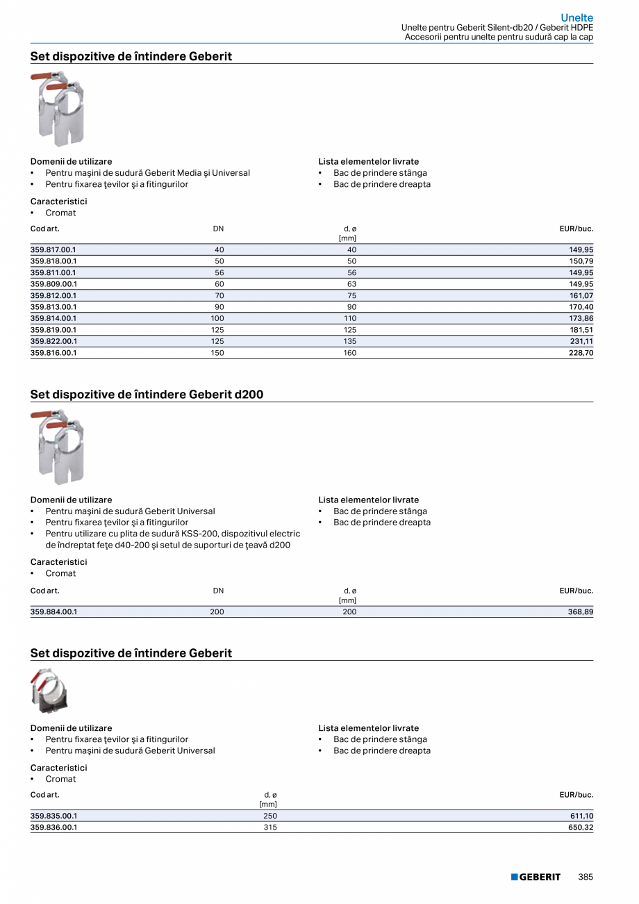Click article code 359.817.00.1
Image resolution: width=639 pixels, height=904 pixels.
coord(53,249)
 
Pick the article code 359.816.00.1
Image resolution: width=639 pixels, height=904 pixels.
coord(53,353)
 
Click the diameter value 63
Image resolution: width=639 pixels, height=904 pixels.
coord(351,284)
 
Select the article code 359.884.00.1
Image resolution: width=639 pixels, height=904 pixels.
coord(53,612)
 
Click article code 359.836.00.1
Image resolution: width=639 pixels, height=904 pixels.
coord(53,828)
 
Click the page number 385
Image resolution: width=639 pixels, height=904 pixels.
coord(586,877)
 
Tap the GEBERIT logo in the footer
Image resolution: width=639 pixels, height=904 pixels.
coord(536,877)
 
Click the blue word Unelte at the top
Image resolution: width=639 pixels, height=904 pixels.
coord(576,18)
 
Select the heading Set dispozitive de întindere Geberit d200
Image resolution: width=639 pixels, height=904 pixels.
coord(147,395)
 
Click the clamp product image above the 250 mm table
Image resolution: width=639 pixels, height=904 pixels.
coord(49,691)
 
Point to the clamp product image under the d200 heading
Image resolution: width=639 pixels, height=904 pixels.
coord(58,447)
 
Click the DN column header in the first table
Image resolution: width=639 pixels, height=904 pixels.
coord(218,229)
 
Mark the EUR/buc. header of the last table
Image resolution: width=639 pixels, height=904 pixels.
coord(576,795)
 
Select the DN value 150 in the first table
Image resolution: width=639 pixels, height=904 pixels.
coord(218,353)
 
